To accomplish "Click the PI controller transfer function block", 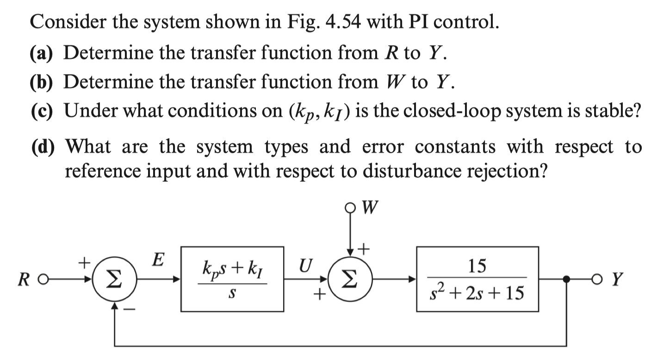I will point(232,279).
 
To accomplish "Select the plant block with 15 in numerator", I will point(478,279).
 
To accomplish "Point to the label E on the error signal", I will point(158,260).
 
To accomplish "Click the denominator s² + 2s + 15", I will point(478,293).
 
